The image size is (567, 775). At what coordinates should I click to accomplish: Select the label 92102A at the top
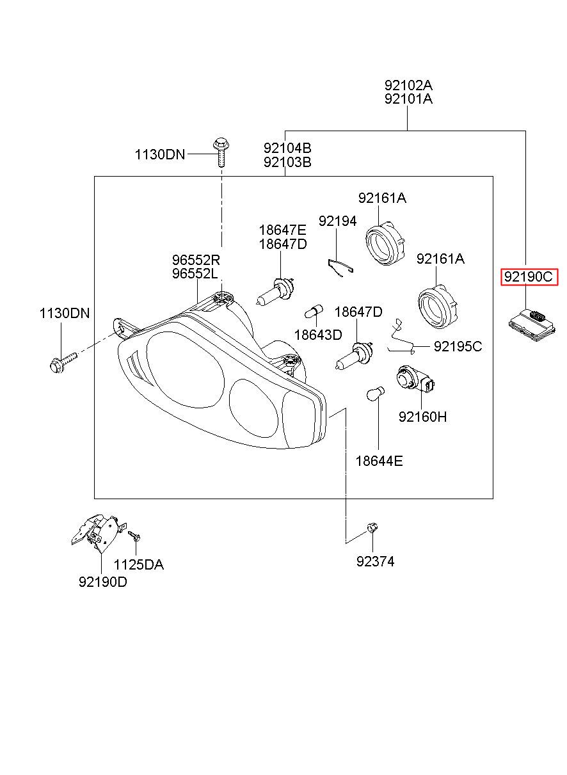click(408, 85)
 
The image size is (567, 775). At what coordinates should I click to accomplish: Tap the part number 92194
click(337, 221)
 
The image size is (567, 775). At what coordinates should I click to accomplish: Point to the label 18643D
click(318, 335)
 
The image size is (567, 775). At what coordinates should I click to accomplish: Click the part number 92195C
click(458, 346)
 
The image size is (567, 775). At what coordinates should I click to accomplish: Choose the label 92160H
click(422, 417)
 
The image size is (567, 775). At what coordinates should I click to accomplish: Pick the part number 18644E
click(379, 461)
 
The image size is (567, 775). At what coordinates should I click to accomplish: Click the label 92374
click(375, 561)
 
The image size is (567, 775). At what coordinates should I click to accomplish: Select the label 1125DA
click(138, 564)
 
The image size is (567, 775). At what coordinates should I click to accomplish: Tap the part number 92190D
click(103, 582)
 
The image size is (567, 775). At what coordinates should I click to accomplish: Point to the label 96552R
click(196, 259)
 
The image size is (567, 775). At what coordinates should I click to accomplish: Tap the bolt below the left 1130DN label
click(63, 362)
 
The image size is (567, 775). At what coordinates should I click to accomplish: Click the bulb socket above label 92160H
click(415, 380)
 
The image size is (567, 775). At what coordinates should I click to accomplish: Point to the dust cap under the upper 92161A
click(385, 244)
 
